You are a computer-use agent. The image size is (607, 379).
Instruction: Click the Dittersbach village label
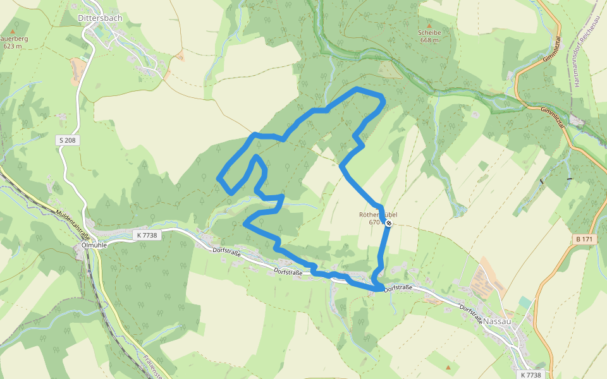pyautogui.click(x=99, y=18)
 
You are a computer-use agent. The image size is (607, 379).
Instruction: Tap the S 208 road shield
pyautogui.click(x=68, y=140)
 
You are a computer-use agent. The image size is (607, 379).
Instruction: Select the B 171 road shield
pyautogui.click(x=585, y=239)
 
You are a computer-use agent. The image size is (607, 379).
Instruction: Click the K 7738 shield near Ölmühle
pyautogui.click(x=146, y=235)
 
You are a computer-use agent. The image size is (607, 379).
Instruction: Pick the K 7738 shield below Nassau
pyautogui.click(x=532, y=375)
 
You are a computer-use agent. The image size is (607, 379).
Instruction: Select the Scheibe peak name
pyautogui.click(x=429, y=32)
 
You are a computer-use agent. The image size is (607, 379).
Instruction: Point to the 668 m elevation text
pyautogui.click(x=429, y=40)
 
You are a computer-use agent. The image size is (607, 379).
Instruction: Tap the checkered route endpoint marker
pyautogui.click(x=389, y=223)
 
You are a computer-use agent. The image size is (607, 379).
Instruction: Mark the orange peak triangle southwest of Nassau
pyautogui.click(x=448, y=367)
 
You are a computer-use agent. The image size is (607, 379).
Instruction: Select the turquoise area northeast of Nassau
pyautogui.click(x=525, y=303)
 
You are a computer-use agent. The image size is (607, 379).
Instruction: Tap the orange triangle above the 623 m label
pyautogui.click(x=13, y=30)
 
